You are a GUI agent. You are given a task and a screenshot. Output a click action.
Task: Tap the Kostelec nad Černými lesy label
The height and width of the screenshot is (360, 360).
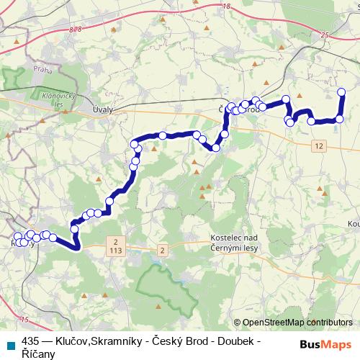234,242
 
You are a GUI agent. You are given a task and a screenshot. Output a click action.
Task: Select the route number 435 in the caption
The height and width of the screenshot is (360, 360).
30,339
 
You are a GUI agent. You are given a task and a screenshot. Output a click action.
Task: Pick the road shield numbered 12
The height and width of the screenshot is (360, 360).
319,146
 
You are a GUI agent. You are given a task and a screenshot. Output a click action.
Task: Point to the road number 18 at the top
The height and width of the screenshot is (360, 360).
227,6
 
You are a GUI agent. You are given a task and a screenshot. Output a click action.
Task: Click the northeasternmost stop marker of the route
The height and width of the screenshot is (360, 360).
341,91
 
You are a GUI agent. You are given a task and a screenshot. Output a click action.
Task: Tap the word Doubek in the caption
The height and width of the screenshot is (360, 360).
236,339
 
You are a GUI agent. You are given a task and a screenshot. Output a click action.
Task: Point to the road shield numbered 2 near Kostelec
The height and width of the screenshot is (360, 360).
163,250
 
